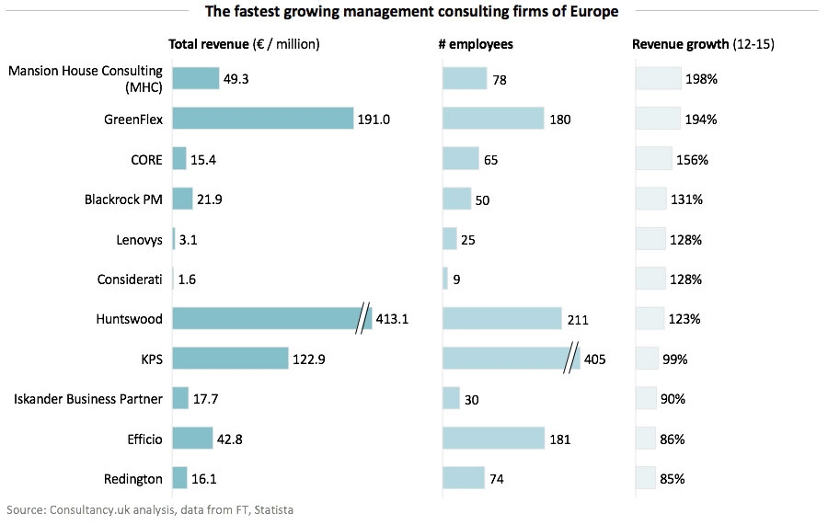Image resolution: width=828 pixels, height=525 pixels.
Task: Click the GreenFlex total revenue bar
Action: point(262,119)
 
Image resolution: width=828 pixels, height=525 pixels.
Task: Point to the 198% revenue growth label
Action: point(701,79)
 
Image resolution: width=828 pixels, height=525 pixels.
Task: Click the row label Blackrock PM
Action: point(123,200)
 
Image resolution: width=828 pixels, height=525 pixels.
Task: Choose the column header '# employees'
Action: point(477,44)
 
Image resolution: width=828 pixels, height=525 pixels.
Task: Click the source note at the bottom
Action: point(150,508)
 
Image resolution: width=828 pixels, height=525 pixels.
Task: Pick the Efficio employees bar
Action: point(493,439)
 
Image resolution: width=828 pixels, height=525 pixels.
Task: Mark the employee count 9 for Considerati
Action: point(456,280)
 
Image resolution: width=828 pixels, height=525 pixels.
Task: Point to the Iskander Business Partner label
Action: point(88,399)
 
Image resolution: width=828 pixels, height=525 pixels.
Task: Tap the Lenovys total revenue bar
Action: point(173,239)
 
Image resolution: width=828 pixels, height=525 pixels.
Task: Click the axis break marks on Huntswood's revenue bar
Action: point(363,318)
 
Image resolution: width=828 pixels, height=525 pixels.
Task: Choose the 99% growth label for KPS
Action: point(673,360)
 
